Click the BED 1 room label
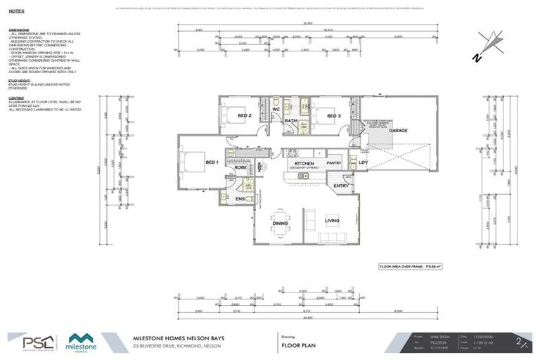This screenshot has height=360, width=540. click(x=212, y=162)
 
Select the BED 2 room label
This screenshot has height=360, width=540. click(x=244, y=115)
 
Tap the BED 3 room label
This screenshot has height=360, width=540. click(x=333, y=115)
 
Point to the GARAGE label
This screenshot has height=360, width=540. click(x=399, y=131)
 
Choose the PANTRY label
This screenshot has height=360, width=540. click(x=333, y=163)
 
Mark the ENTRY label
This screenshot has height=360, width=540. click(x=341, y=186)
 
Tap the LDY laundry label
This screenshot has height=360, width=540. click(x=363, y=163)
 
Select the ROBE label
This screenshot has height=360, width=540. click(x=240, y=168)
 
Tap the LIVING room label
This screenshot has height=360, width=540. click(x=332, y=221)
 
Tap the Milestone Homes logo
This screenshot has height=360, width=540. click(x=83, y=342)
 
